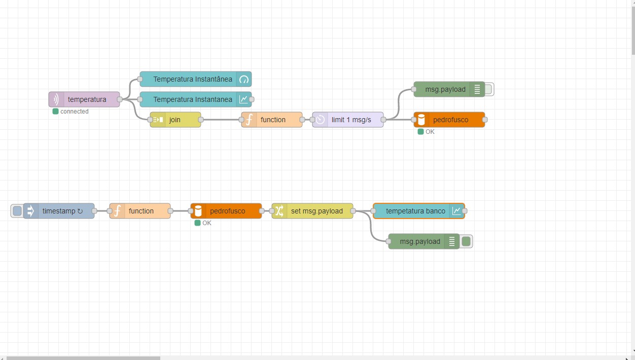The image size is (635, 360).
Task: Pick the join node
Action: pyautogui.click(x=175, y=120)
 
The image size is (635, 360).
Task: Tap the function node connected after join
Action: pyautogui.click(x=272, y=120)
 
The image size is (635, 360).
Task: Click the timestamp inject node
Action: pyautogui.click(x=59, y=211)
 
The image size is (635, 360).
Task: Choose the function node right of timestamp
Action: pyautogui.click(x=140, y=211)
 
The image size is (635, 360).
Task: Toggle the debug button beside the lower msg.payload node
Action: pyautogui.click(x=467, y=241)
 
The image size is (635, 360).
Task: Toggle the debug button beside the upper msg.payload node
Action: pyautogui.click(x=488, y=89)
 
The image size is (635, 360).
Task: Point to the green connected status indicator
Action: pyautogui.click(x=56, y=112)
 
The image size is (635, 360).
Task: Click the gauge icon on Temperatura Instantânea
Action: pyautogui.click(x=244, y=79)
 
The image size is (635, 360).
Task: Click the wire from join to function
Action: pyautogui.click(x=221, y=120)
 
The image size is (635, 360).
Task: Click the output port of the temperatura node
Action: pyautogui.click(x=120, y=99)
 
